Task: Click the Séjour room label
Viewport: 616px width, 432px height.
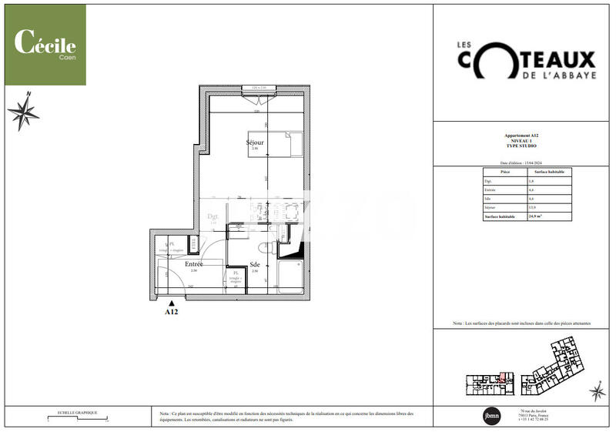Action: (255, 143)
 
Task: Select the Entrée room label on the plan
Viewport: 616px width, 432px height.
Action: (193, 264)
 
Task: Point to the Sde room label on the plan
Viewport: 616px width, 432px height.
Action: (255, 264)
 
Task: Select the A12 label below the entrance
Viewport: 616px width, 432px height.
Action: (172, 313)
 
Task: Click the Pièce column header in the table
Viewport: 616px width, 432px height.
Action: (505, 172)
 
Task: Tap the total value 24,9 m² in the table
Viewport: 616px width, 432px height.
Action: (535, 216)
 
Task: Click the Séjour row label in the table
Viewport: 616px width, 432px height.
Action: (490, 207)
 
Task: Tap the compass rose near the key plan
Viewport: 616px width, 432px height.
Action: (597, 393)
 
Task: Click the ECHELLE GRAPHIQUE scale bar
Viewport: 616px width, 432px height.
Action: (77, 420)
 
